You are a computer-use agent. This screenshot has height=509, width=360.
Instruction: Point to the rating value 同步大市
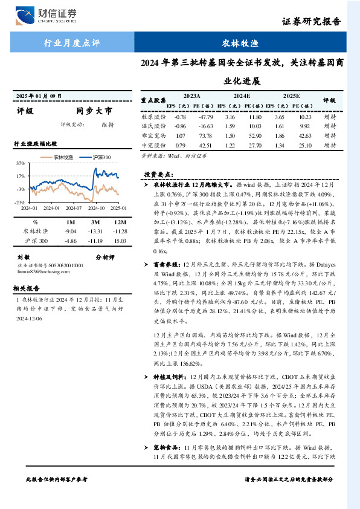(94, 111)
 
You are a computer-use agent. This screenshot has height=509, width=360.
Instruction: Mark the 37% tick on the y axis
(21, 164)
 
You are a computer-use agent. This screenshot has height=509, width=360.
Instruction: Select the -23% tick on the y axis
(20, 202)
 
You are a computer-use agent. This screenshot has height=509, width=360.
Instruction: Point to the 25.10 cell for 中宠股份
(304, 146)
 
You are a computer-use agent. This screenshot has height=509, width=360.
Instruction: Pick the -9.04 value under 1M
(71, 231)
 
